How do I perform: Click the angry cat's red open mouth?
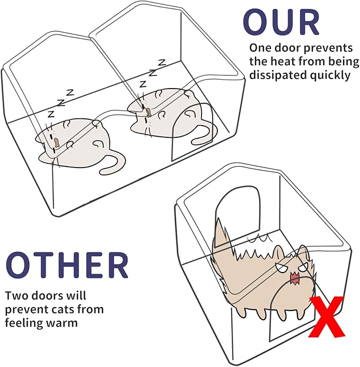click(x=295, y=277)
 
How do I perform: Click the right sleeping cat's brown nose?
click(x=150, y=112)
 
